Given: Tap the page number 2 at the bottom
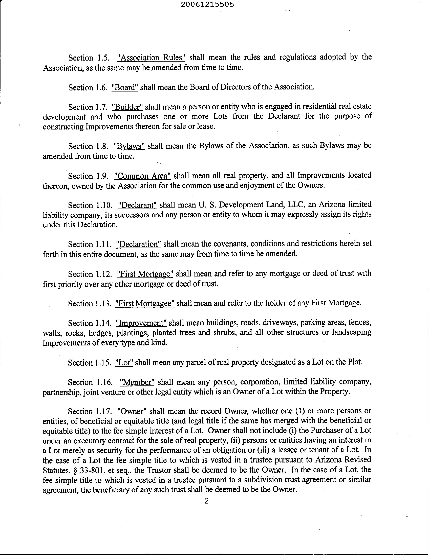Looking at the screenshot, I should click(x=206, y=501).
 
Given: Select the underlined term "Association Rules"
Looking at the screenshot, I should click(x=151, y=57).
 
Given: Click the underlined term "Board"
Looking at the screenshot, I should click(x=125, y=87).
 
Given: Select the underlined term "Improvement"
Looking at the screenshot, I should click(x=141, y=323).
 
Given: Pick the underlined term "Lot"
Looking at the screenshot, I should click(x=124, y=362).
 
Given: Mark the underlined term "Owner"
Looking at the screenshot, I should click(x=132, y=411).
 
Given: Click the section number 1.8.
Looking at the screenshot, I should click(x=103, y=146).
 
